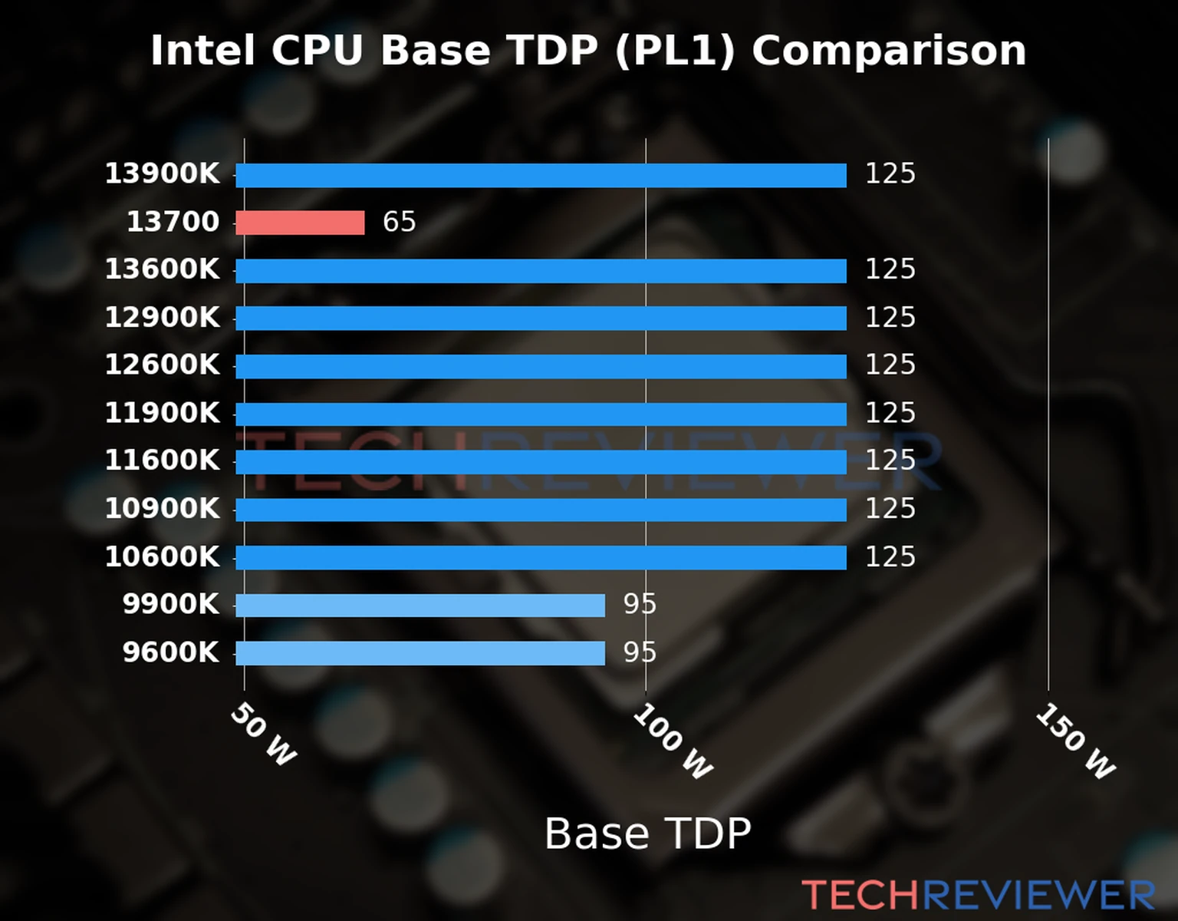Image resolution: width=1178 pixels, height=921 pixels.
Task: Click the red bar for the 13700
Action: tap(300, 223)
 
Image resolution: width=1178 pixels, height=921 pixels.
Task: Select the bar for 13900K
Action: tap(541, 175)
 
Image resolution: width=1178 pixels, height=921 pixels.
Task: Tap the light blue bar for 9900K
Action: tap(420, 606)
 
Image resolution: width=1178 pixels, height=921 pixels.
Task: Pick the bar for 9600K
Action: tap(420, 653)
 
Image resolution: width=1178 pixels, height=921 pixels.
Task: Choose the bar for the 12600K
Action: tap(541, 366)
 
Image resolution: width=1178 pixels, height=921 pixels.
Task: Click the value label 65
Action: tap(399, 222)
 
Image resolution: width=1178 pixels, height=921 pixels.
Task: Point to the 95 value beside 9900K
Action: tap(639, 604)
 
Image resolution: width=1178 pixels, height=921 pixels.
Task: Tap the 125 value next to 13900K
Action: tap(890, 173)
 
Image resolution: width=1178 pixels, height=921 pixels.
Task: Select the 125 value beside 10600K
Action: tap(890, 556)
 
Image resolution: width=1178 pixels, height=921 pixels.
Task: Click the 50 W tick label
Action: tap(263, 734)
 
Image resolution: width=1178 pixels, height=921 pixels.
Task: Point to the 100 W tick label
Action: tap(673, 741)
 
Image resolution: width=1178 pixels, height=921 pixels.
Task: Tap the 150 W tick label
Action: tap(1075, 741)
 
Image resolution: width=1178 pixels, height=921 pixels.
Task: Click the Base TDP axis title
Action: tap(647, 834)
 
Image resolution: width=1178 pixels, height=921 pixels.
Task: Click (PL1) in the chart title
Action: tap(674, 51)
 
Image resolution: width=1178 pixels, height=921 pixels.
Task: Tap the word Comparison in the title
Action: tap(888, 51)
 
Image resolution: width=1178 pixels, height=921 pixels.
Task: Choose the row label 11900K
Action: tap(162, 413)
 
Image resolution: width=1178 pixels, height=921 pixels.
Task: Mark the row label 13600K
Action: tap(162, 269)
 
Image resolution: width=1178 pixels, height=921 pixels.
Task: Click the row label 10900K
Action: tap(162, 508)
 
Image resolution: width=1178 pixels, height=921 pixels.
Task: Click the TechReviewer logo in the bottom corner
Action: tap(978, 896)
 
